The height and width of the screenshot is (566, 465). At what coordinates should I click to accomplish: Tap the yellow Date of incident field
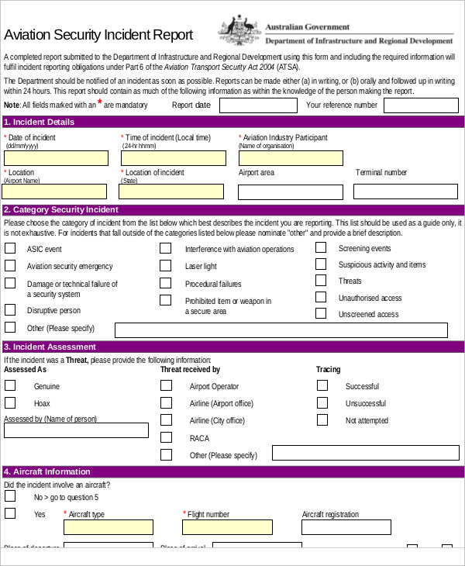(x=56, y=158)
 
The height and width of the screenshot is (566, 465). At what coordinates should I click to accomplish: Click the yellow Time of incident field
(x=173, y=158)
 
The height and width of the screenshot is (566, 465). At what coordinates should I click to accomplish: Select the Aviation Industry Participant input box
(x=290, y=158)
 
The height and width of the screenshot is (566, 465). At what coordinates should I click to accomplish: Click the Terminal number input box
(x=406, y=192)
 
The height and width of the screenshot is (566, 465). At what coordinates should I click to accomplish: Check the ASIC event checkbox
(x=10, y=249)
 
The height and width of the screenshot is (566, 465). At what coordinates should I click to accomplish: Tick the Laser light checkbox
(x=165, y=265)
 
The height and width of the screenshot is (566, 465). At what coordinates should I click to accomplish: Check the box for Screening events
(x=321, y=248)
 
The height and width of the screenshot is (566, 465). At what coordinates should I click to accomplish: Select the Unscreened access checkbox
(x=321, y=314)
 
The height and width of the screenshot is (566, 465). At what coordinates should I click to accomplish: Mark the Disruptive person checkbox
(x=10, y=310)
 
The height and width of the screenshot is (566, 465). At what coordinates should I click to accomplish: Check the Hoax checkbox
(x=10, y=403)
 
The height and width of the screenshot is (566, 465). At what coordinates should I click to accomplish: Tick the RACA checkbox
(x=165, y=437)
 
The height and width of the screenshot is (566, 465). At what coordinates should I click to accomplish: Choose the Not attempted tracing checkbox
(x=322, y=420)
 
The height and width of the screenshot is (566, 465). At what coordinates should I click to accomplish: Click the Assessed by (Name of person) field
(x=76, y=430)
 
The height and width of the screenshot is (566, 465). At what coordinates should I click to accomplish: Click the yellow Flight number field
(x=227, y=527)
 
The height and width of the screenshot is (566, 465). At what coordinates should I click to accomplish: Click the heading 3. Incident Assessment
(x=50, y=347)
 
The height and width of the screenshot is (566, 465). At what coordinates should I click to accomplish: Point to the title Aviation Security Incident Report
(x=98, y=35)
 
